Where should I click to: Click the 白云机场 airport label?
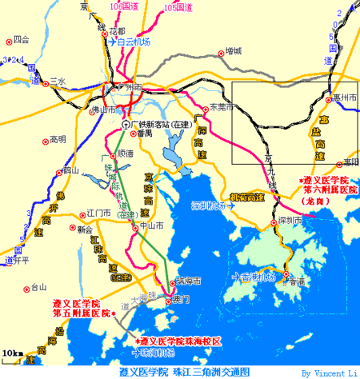point(134,43)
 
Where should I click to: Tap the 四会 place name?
point(21,38)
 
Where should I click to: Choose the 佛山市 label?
point(101,109)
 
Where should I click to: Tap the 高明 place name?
point(57,139)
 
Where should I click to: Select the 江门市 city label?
point(102,213)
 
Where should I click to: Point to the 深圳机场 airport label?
point(209,205)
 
